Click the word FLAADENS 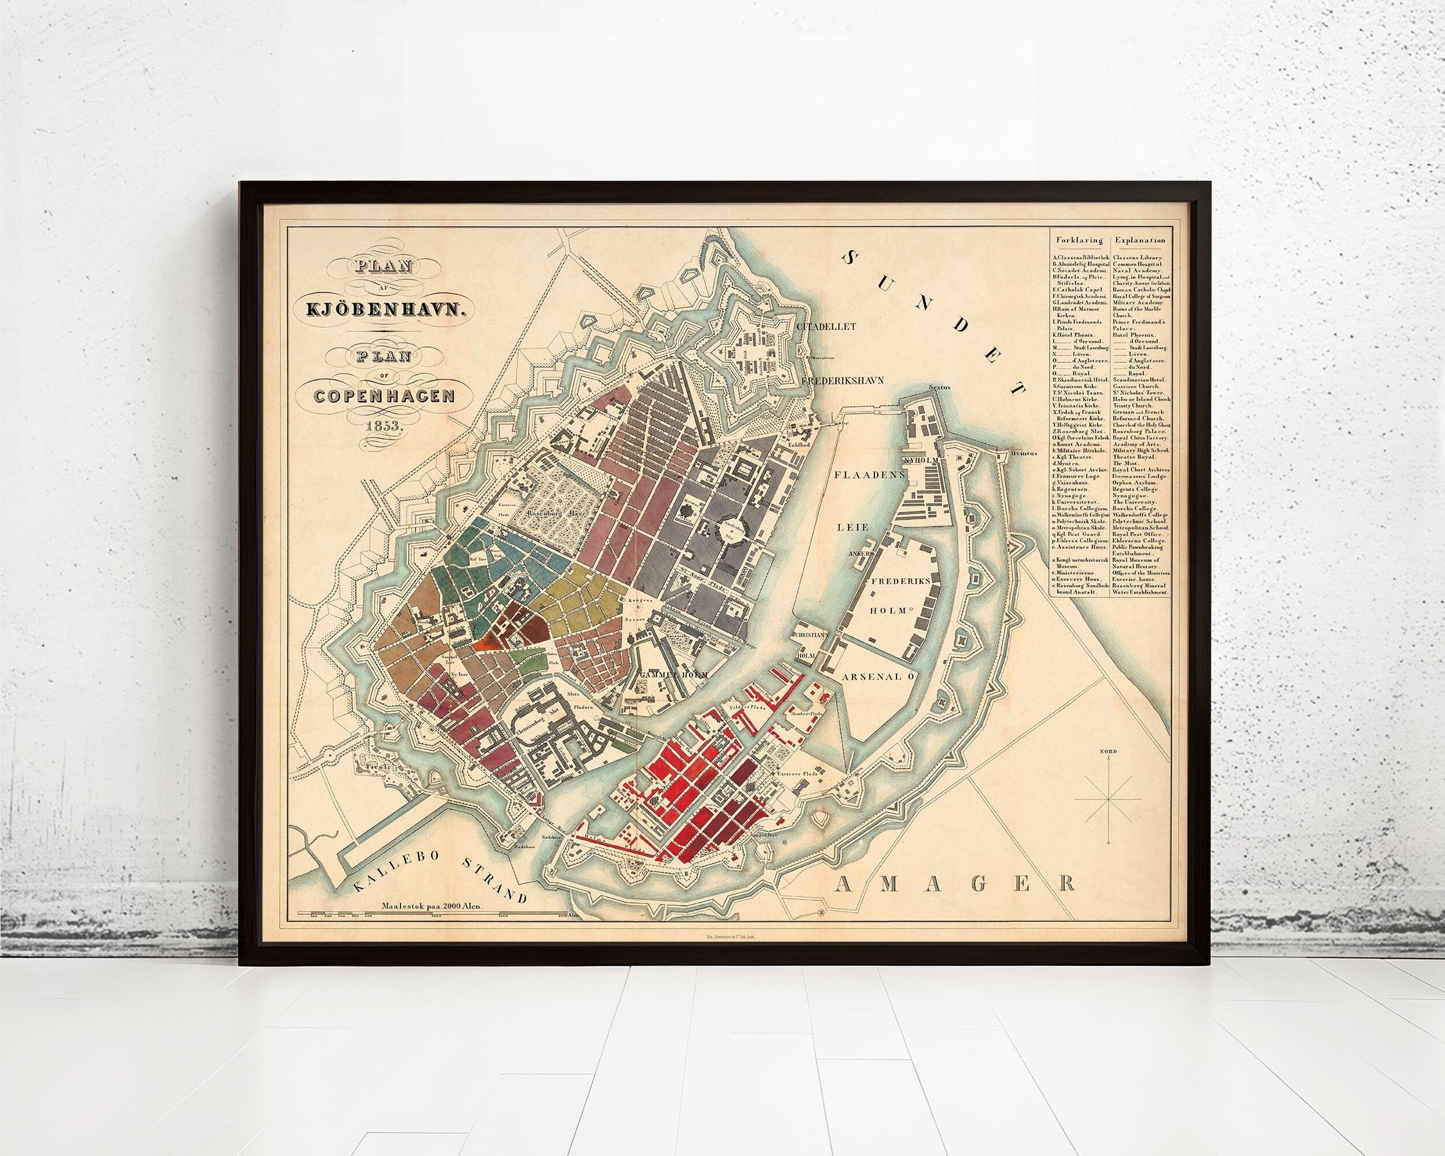pos(869,474)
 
